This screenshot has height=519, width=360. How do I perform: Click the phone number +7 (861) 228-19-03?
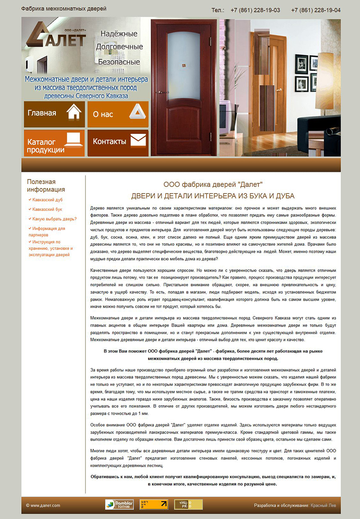tap(255, 10)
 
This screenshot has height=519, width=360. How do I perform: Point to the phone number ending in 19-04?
tap(315, 10)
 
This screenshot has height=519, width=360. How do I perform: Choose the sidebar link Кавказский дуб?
tap(47, 199)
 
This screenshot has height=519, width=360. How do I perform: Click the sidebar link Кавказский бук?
tap(47, 209)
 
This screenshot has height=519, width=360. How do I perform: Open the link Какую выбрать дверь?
tap(54, 219)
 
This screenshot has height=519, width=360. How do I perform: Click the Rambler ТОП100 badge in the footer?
tap(119, 504)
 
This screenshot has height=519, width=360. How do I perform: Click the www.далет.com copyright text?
tap(43, 506)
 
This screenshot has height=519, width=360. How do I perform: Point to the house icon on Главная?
tap(74, 112)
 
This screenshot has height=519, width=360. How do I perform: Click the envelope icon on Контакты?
tap(138, 140)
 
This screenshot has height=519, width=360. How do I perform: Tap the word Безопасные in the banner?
tap(119, 62)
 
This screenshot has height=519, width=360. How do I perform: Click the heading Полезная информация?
tap(46, 185)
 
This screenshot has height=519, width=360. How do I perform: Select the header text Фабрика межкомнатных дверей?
tap(64, 9)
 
